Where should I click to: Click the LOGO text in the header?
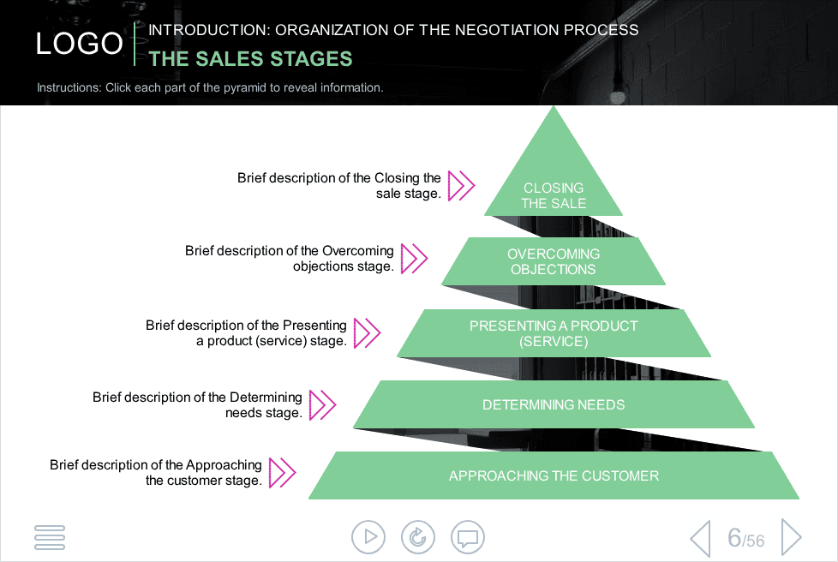pyautogui.click(x=79, y=44)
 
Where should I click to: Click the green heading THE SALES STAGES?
pyautogui.click(x=250, y=59)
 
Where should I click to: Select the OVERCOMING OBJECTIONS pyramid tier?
pyautogui.click(x=554, y=261)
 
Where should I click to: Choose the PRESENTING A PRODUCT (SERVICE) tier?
pyautogui.click(x=554, y=333)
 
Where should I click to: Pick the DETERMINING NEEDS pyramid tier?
pyautogui.click(x=554, y=404)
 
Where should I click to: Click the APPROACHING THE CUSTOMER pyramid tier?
pyautogui.click(x=554, y=475)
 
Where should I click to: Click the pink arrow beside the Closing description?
pyautogui.click(x=461, y=186)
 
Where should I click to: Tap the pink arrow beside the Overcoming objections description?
pyautogui.click(x=414, y=259)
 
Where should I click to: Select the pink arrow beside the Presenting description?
pyautogui.click(x=367, y=332)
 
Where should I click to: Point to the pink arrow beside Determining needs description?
pyautogui.click(x=322, y=405)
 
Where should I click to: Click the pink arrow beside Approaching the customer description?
pyautogui.click(x=282, y=473)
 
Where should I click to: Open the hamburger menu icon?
pyautogui.click(x=50, y=537)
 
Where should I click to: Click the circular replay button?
pyautogui.click(x=418, y=537)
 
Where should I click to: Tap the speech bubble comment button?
pyautogui.click(x=468, y=537)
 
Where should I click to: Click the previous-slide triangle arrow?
pyautogui.click(x=701, y=539)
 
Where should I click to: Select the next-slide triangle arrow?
pyautogui.click(x=792, y=537)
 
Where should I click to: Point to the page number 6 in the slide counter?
pyautogui.click(x=734, y=537)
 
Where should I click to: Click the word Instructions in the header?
pyautogui.click(x=69, y=87)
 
